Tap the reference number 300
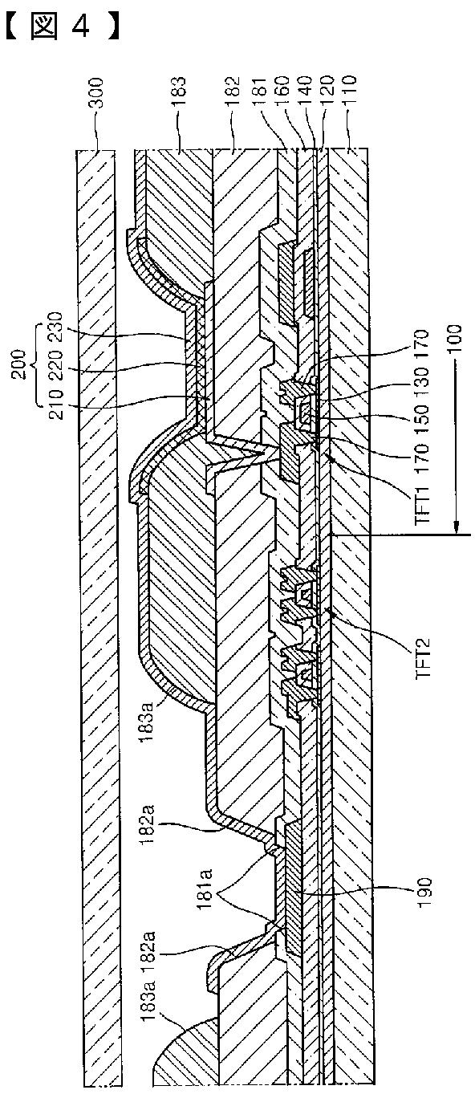96,92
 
